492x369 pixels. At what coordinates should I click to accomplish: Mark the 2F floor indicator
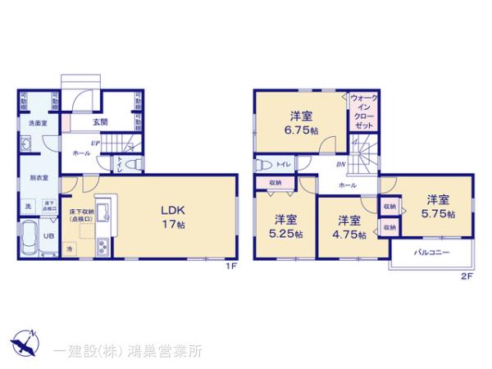[x=467, y=277]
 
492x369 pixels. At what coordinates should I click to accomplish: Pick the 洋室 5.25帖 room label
[x=286, y=226]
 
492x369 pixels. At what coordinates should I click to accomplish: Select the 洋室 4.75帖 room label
[x=349, y=226]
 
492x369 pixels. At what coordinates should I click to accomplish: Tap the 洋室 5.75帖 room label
[x=437, y=205]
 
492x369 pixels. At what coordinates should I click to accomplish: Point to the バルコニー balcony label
[x=431, y=253]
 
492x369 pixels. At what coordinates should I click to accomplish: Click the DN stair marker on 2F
[x=340, y=164]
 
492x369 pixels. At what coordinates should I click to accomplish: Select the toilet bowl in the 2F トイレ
[x=263, y=163]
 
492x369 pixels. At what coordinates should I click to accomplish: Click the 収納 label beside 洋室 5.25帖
[x=275, y=183]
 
